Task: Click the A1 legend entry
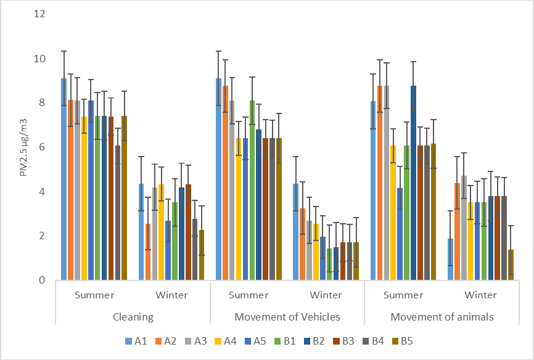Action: [x=136, y=341]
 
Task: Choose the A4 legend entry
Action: [x=225, y=341]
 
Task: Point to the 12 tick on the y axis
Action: [x=39, y=14]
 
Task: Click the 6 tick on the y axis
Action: [x=42, y=147]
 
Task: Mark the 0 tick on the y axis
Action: [x=42, y=280]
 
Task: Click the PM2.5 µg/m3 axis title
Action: [x=23, y=147]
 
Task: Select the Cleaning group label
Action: [x=133, y=317]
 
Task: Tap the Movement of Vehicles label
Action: [x=287, y=317]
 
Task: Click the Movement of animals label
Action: [x=442, y=317]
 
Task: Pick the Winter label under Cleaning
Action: [x=171, y=295]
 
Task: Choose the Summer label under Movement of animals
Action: [x=403, y=295]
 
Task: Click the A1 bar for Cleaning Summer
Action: [x=64, y=179]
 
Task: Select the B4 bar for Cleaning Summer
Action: [x=118, y=213]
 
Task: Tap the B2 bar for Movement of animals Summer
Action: [x=413, y=183]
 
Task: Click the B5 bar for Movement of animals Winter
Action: [x=511, y=265]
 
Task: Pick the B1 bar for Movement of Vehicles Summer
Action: [x=252, y=190]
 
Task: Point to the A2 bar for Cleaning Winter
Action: [x=148, y=252]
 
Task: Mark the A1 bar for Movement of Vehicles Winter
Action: [x=295, y=232]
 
